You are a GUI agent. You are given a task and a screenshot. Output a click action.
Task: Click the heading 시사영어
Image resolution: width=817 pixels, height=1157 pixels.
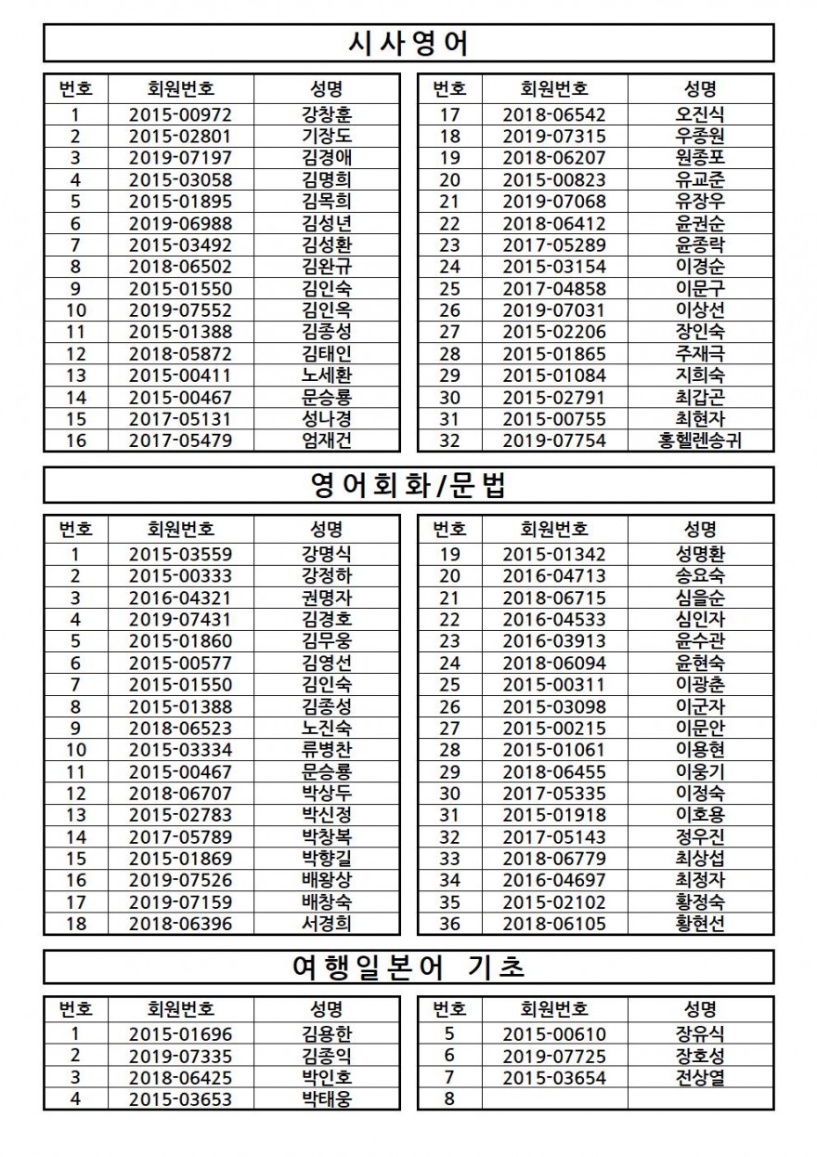point(408,43)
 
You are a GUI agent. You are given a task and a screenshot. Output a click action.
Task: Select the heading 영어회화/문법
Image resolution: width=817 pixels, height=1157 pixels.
point(408,485)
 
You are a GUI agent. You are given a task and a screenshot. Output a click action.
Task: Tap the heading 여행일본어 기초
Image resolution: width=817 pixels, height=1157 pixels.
point(408,966)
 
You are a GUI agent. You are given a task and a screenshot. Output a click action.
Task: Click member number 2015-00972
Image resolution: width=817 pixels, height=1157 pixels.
point(180,115)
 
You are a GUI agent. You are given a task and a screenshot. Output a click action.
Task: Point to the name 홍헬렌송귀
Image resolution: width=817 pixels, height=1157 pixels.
point(700,440)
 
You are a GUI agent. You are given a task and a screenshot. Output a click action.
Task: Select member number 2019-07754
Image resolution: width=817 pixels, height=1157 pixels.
point(553,440)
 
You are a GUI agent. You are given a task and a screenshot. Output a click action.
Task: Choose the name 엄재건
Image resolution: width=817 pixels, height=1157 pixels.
point(327,440)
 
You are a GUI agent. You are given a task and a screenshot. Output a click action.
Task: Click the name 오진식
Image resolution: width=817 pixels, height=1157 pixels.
point(700,115)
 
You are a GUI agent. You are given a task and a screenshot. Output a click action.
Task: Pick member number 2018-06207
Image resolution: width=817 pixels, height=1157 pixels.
point(553,158)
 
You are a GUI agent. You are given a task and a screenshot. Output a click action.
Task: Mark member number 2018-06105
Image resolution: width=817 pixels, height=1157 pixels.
point(553,924)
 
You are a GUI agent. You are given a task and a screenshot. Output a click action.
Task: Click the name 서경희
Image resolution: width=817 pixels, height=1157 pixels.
point(327,924)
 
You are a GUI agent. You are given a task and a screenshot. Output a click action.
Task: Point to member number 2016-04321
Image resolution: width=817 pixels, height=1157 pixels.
point(180,598)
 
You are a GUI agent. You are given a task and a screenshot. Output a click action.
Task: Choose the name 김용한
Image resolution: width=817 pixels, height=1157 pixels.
point(327,1034)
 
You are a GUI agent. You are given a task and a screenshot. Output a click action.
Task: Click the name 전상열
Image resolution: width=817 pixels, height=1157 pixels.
point(700,1078)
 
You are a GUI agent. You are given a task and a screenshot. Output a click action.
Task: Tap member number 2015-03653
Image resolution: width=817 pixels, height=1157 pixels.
point(180,1099)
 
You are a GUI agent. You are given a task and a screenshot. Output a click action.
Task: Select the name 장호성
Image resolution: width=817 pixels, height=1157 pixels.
point(700,1056)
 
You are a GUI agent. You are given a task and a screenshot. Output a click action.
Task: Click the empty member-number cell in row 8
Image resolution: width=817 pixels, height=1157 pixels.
point(553,1099)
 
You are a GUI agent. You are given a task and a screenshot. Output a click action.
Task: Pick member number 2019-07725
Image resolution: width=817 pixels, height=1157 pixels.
point(553,1056)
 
